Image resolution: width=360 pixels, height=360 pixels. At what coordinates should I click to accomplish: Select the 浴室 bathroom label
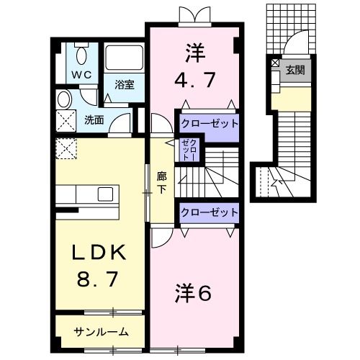click(125, 84)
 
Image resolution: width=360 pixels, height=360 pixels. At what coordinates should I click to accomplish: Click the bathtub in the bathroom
click(125, 60)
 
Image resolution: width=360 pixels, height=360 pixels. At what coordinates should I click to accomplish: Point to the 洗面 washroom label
click(94, 120)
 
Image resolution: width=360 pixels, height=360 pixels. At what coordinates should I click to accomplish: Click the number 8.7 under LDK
click(99, 278)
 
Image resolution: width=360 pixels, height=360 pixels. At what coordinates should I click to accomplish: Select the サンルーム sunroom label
click(102, 332)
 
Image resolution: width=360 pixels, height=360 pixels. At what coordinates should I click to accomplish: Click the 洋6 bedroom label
click(192, 294)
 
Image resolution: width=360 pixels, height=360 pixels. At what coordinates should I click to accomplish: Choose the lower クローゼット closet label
click(209, 212)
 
